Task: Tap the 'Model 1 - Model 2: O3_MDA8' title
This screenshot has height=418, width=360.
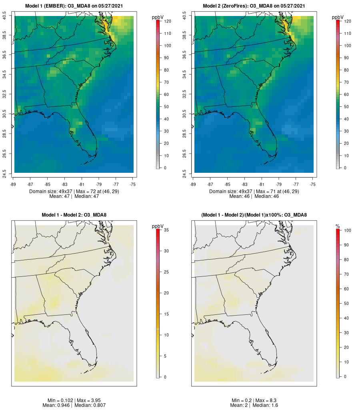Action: tap(74, 215)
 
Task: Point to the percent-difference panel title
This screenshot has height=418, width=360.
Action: tap(254, 215)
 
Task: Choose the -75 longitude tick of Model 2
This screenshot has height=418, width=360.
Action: tap(313, 184)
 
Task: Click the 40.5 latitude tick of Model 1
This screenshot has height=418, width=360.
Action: tap(5, 16)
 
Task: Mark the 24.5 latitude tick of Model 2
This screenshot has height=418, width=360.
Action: tap(185, 173)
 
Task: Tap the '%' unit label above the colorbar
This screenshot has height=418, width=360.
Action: tap(338, 226)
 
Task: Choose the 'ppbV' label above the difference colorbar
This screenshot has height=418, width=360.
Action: tap(158, 226)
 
